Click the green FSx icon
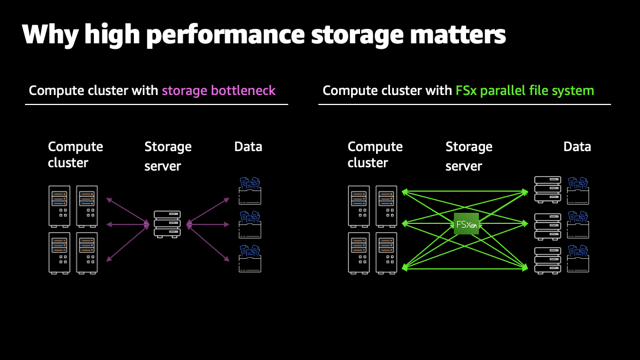click(466, 223)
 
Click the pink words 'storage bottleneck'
click(218, 91)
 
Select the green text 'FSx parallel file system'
click(524, 91)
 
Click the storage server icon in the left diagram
click(167, 224)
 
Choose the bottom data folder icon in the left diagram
click(249, 258)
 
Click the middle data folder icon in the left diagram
click(249, 224)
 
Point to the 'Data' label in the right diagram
click(577, 147)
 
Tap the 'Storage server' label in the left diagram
click(168, 156)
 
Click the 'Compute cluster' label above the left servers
click(76, 154)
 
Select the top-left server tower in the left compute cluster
click(59, 206)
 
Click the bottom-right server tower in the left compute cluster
click(87, 252)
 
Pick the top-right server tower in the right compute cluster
click(386, 206)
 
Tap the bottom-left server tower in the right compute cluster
click(359, 252)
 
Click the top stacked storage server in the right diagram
click(547, 189)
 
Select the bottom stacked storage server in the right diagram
click(547, 259)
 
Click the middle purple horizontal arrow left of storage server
click(128, 224)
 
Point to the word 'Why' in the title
click(49, 34)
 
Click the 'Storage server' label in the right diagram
click(468, 156)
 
